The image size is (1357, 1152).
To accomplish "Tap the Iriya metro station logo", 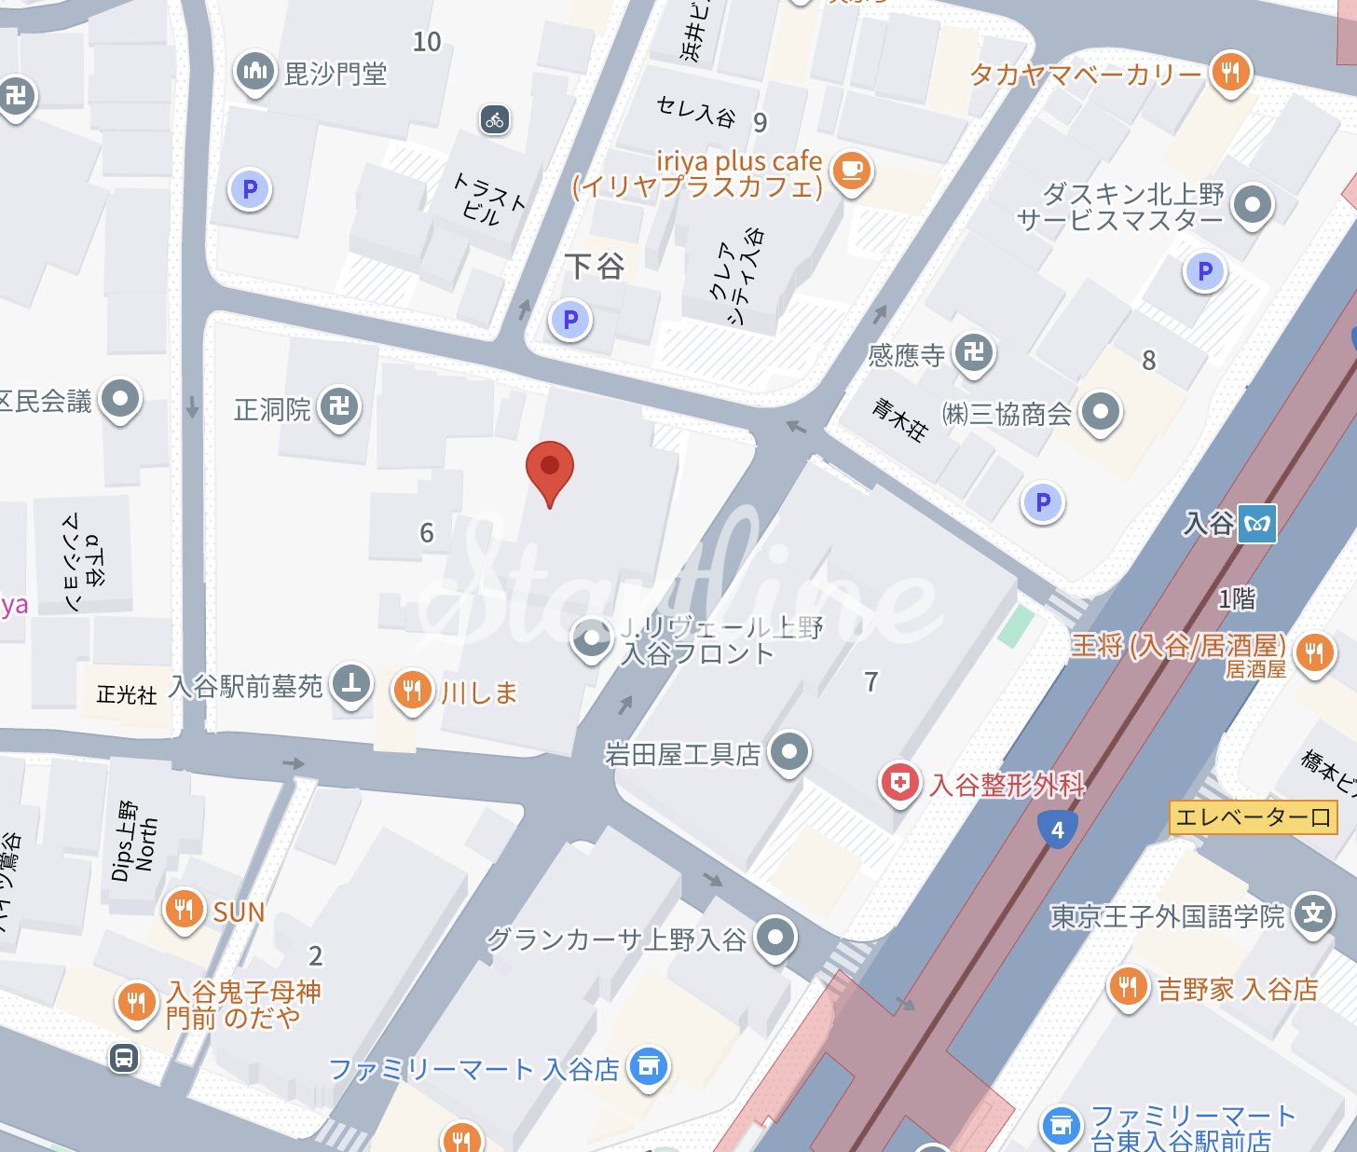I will (x=1257, y=524).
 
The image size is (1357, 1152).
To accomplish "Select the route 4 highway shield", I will (x=1057, y=829).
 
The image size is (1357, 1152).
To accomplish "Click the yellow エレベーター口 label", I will (x=1253, y=817).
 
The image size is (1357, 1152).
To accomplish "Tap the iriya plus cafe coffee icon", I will (x=851, y=170).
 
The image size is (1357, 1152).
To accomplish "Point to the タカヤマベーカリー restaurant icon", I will (x=1230, y=72).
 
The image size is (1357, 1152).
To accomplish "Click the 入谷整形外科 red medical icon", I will (x=899, y=783).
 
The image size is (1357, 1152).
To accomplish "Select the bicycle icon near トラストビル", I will (x=495, y=119).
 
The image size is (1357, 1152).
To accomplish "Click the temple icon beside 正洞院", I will (x=339, y=407).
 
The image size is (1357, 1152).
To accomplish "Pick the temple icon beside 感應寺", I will (x=974, y=352).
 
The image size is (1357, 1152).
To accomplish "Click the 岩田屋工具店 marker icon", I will (x=789, y=750).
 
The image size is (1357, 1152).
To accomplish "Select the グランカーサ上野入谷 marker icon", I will (x=775, y=937).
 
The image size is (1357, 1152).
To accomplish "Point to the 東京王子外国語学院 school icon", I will (x=1313, y=913).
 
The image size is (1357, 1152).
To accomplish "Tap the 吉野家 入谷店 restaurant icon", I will (x=1128, y=986).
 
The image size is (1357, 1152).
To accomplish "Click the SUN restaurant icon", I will (x=184, y=909).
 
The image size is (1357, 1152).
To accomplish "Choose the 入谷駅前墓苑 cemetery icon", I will (x=351, y=684).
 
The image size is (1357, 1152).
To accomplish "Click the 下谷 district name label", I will (x=595, y=267).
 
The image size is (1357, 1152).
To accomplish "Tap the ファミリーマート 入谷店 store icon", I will (x=649, y=1066).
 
